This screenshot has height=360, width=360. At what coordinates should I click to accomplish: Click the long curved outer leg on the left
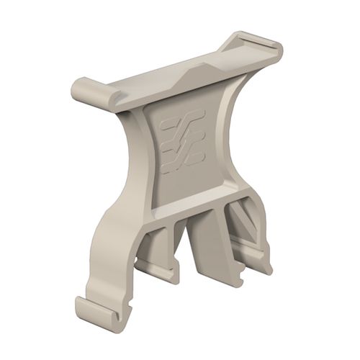tap(112, 238)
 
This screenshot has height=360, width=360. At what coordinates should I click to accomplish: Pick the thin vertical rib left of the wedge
tap(176, 238)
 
